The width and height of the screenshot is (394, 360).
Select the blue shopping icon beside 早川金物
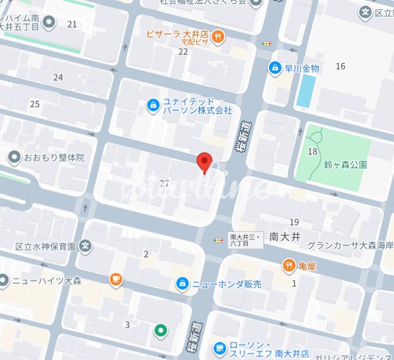[274, 67]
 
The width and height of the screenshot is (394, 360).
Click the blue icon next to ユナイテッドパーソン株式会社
[153, 105]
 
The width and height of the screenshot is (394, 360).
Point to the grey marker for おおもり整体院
[14, 158]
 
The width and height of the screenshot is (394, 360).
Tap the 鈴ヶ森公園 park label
[345, 164]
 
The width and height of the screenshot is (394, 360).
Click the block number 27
[165, 184]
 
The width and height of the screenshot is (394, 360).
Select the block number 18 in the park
[312, 151]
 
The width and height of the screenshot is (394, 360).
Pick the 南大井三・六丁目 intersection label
[246, 240]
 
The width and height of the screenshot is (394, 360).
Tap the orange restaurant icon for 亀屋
[289, 266]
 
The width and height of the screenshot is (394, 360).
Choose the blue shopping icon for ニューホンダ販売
[183, 284]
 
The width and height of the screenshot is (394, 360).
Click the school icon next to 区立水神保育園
[86, 246]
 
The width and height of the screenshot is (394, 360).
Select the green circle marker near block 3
[160, 329]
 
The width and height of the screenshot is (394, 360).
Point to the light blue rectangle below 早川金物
[306, 91]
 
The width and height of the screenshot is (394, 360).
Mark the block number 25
[34, 104]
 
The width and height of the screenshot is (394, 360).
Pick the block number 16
[340, 66]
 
